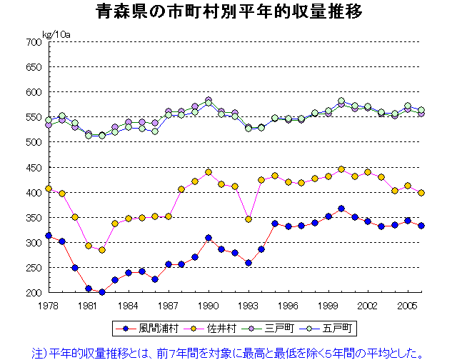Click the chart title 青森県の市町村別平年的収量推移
228,12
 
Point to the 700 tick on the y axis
34,42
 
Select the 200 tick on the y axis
34,293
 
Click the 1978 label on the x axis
49,304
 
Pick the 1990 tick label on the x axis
209,304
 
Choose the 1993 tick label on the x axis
248,304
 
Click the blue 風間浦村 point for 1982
102,292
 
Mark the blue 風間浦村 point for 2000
341,209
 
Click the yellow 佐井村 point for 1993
248,219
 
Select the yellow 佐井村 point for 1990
209,172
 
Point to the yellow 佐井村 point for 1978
49,189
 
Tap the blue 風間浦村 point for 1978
49,236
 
